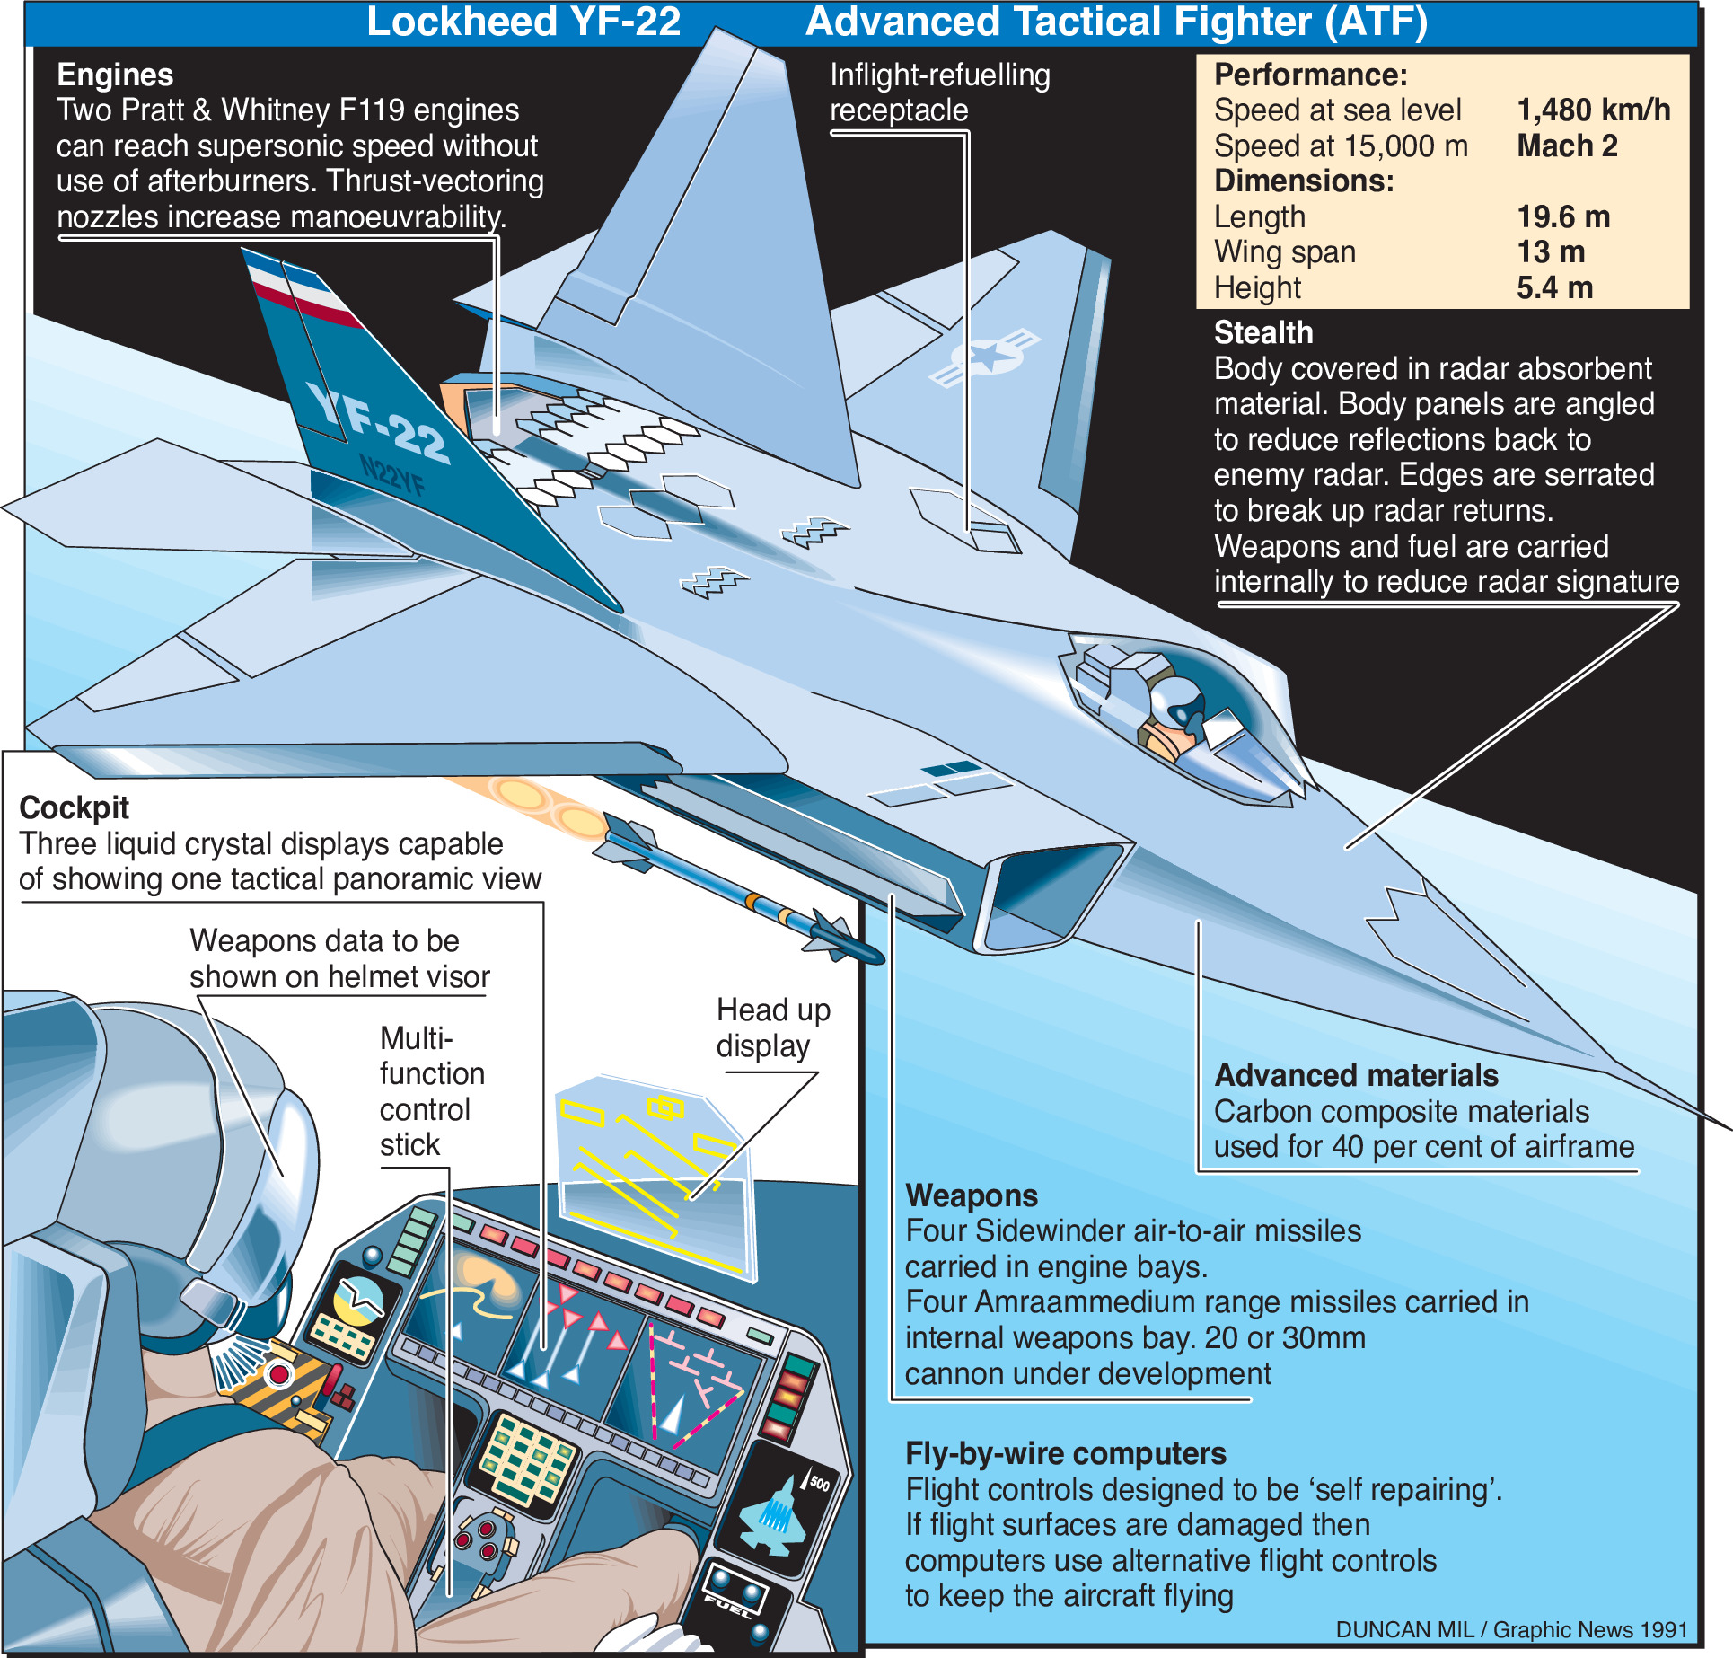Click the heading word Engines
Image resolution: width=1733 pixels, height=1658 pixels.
(115, 75)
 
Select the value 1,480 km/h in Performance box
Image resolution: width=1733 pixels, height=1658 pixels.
(1593, 110)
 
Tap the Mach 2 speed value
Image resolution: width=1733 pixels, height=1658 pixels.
(1567, 146)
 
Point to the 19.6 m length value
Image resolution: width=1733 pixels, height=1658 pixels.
(1563, 217)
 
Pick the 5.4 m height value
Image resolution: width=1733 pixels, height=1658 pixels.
(1554, 288)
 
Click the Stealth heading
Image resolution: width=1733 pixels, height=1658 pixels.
(1262, 333)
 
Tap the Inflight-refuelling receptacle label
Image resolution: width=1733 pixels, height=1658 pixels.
(939, 93)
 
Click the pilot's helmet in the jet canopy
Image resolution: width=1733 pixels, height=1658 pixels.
(1176, 700)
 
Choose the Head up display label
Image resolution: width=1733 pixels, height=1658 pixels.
(773, 1028)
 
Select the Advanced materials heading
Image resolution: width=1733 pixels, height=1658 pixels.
(1356, 1076)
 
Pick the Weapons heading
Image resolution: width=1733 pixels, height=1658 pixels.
(972, 1196)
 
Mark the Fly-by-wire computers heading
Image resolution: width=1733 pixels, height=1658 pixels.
(1066, 1454)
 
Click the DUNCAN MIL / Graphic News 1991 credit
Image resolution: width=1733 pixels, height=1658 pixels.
(1511, 1630)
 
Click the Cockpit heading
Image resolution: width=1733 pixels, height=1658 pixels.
(75, 808)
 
